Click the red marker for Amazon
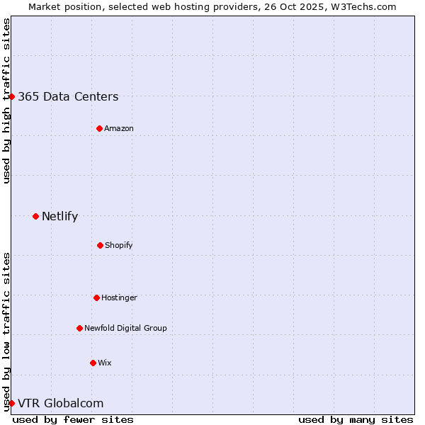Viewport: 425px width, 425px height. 100,128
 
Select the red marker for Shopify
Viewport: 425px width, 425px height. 100,245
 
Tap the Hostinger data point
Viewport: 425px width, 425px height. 96,297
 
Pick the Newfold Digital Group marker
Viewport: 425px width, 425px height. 79,328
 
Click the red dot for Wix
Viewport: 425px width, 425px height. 93,363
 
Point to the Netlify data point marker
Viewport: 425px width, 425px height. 35,216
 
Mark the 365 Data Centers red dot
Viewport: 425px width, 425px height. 12,96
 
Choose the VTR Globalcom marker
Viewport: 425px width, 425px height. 11,403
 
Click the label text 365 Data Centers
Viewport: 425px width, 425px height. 68,97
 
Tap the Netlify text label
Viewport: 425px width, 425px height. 59,217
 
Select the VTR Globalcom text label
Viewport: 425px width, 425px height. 60,404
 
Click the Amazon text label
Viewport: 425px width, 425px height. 119,129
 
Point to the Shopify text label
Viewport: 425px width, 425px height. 119,246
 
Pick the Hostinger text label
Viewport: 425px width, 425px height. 119,298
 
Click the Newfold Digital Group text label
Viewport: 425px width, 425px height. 125,329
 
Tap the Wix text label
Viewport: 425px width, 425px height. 105,363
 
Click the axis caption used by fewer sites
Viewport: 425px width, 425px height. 73,419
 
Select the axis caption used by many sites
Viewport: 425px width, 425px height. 356,419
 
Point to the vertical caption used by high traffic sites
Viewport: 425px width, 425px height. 6,101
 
